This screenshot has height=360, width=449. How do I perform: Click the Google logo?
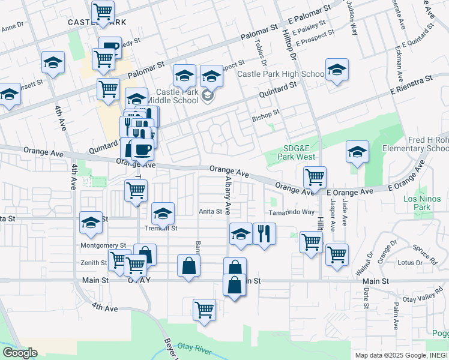point(20,353)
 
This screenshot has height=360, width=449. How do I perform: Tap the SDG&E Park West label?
point(297,152)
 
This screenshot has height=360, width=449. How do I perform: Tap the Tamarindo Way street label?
point(292,212)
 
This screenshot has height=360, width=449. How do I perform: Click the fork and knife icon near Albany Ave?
point(264,233)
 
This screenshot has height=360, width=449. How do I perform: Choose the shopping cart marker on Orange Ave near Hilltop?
point(315,177)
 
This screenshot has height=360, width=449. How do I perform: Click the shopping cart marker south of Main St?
point(204,310)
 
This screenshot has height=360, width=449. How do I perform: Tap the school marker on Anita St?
point(163,213)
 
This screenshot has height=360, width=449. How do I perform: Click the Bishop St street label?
point(266,113)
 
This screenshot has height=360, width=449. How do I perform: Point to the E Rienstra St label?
point(411,83)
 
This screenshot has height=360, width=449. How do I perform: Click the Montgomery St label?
point(104,246)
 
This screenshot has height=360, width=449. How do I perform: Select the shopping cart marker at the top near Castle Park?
point(103,11)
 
